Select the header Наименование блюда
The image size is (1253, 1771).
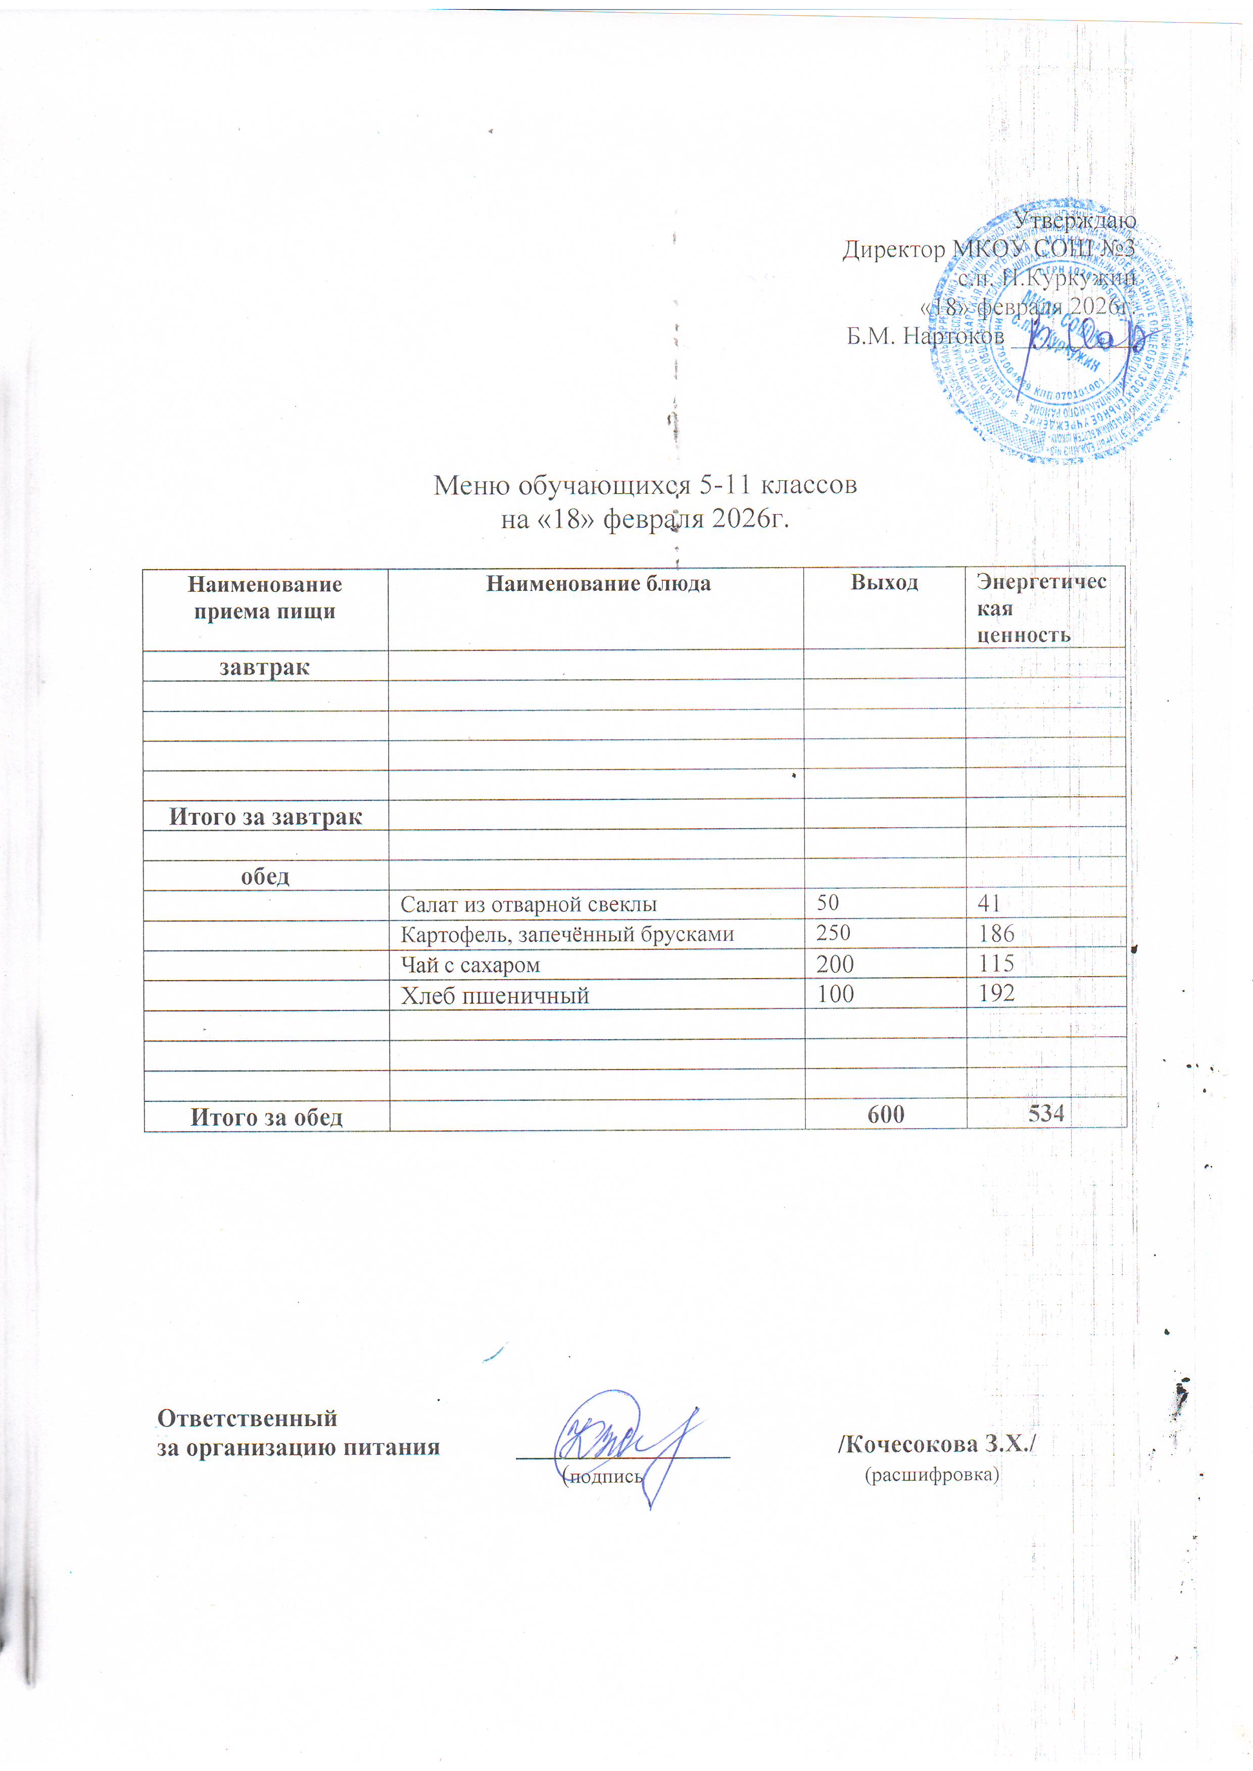point(598,584)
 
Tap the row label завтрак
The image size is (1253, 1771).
point(265,667)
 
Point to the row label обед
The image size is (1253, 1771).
point(265,876)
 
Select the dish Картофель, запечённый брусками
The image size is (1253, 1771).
point(567,935)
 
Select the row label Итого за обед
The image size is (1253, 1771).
point(267,1117)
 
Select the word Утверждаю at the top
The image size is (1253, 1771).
point(1074,221)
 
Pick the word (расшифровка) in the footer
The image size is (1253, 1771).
point(932,1475)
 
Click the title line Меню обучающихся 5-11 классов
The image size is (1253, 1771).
point(645,485)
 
